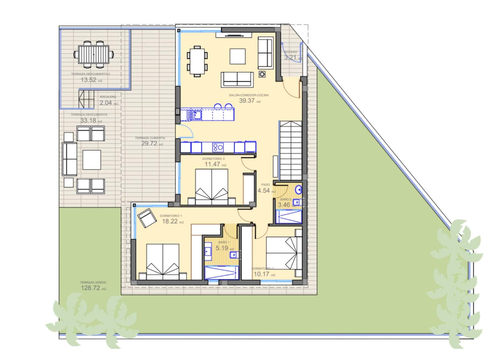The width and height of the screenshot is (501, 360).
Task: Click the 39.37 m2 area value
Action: pyautogui.click(x=247, y=101)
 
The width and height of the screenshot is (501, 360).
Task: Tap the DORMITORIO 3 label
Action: pyautogui.click(x=213, y=159)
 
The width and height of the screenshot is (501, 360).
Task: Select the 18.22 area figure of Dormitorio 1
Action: pyautogui.click(x=170, y=221)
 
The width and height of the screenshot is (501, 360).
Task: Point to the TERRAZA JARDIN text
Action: pyautogui.click(x=93, y=282)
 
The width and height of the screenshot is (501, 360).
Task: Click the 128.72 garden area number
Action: pyautogui.click(x=90, y=288)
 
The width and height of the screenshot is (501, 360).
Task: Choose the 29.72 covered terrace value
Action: pyautogui.click(x=149, y=143)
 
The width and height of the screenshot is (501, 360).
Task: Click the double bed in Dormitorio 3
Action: pyautogui.click(x=212, y=187)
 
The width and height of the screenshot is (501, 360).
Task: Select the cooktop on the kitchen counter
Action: pyautogui.click(x=218, y=147)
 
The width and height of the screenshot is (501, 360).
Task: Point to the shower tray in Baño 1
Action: pyautogui.click(x=221, y=273)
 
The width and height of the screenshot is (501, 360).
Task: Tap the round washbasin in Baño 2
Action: pyautogui.click(x=298, y=190)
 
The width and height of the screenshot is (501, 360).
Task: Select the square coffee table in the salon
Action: pyautogui.click(x=238, y=56)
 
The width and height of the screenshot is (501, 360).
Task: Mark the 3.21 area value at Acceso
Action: pyautogui.click(x=290, y=58)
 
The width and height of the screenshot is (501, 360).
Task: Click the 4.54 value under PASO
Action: pyautogui.click(x=264, y=190)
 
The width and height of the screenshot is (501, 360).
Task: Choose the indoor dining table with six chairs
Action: pyautogui.click(x=197, y=61)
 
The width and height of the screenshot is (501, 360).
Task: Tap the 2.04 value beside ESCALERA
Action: pyautogui.click(x=106, y=103)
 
